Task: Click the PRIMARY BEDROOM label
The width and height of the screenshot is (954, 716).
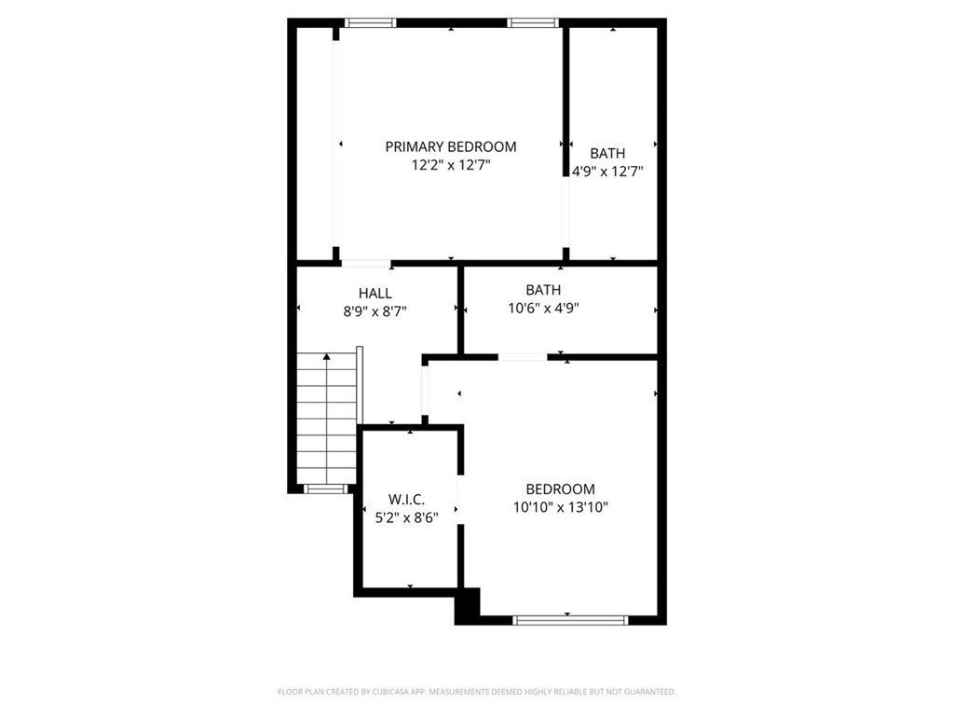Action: pos(450,146)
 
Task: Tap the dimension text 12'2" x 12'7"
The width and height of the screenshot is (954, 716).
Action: pos(451,165)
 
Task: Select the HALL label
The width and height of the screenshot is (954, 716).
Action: pos(375,294)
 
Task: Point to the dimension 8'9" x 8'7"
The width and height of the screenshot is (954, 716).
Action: pos(375,311)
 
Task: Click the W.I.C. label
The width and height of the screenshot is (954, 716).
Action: pos(406,500)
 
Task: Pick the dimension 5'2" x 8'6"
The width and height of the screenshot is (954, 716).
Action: pos(406,518)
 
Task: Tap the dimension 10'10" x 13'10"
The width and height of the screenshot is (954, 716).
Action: pos(560,507)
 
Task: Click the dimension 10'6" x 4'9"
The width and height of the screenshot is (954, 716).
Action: pos(543,308)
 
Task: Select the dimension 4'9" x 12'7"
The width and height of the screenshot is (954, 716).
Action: pos(607,172)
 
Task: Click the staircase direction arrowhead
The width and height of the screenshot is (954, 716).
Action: pos(327,357)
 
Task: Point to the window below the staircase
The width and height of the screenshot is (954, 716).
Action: pos(325,489)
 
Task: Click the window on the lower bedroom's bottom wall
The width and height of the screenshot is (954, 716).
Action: pos(570,620)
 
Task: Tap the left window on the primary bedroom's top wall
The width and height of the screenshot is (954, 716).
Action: pos(370,23)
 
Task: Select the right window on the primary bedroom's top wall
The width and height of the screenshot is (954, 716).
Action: pos(533,23)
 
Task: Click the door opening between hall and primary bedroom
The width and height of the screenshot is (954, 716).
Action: pos(365,264)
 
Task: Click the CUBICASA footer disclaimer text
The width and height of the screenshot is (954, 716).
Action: pos(476,692)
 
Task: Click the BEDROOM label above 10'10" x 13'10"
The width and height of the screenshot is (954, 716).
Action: pos(560,489)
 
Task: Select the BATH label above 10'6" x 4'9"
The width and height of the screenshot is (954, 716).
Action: pos(543,290)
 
